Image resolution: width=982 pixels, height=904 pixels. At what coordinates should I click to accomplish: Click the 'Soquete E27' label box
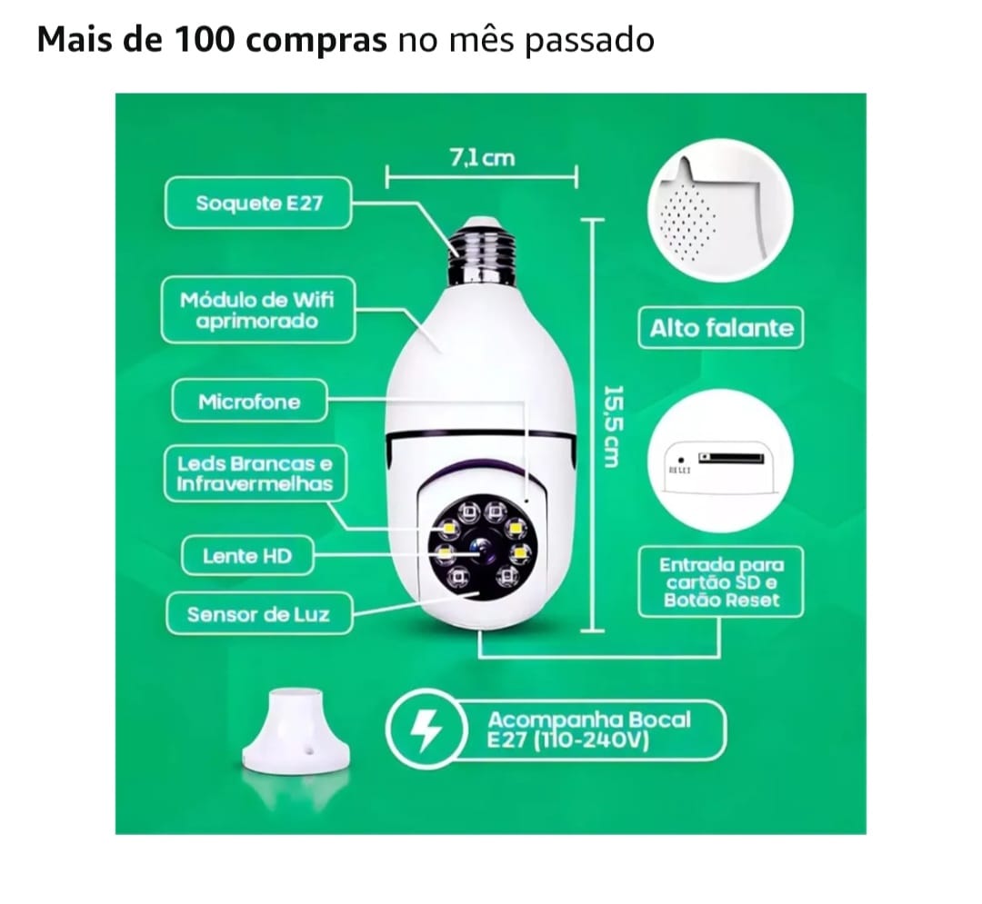click(258, 203)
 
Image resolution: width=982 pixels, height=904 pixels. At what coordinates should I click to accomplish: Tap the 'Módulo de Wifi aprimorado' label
click(258, 310)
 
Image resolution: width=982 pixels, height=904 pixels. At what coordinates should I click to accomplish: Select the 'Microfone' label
click(249, 401)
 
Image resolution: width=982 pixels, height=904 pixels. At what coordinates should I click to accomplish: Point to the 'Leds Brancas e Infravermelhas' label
click(255, 473)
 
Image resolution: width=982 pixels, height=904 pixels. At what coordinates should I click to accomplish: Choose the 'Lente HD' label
click(247, 555)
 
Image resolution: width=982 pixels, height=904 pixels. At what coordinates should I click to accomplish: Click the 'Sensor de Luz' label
click(258, 613)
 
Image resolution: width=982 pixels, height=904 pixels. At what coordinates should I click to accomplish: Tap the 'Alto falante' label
click(721, 328)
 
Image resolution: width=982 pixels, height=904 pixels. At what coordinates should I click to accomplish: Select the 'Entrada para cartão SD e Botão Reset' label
click(721, 581)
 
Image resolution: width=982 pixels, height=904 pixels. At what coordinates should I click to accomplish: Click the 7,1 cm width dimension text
click(482, 158)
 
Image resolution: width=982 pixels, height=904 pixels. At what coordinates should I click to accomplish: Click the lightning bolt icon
click(426, 730)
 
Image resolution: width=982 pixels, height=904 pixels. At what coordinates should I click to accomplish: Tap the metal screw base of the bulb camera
click(480, 252)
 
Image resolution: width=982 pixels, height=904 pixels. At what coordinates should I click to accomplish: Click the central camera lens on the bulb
click(481, 551)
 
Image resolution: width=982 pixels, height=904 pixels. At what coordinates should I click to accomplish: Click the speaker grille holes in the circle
click(687, 222)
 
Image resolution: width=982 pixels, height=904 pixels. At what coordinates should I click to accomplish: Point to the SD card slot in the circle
click(731, 458)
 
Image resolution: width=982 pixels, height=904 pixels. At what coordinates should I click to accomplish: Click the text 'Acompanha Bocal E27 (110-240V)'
click(588, 730)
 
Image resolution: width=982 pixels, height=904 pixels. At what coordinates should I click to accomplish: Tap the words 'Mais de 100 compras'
click(212, 39)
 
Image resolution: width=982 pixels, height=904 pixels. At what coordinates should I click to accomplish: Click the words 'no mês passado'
click(526, 41)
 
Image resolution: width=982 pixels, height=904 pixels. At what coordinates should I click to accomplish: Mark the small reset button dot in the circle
click(681, 460)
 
